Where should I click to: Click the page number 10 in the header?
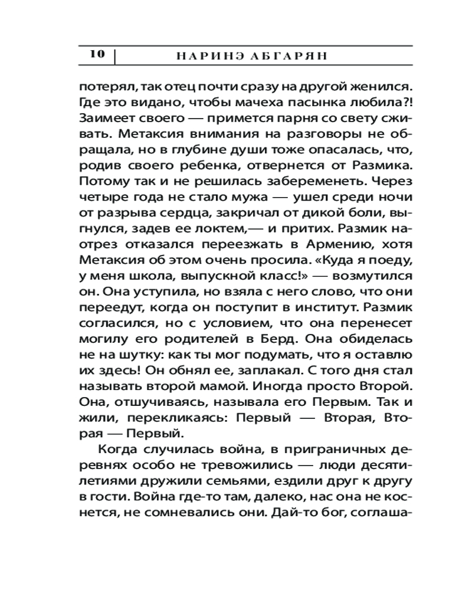(x=97, y=55)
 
